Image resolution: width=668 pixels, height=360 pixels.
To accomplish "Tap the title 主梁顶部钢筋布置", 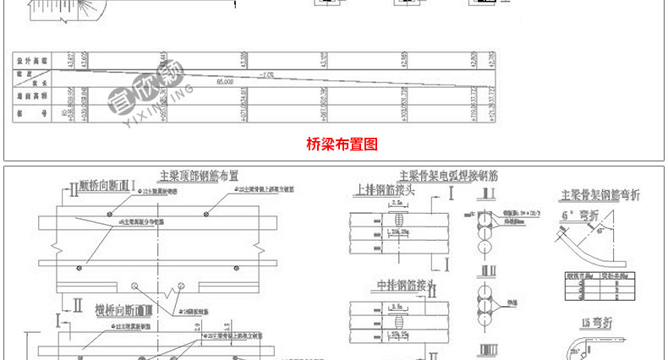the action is (199, 176).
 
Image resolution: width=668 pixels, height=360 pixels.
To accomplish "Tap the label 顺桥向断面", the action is (107, 183).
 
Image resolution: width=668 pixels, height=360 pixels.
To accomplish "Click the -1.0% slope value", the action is (267, 74).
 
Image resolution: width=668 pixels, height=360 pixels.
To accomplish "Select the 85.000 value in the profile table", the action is (225, 83).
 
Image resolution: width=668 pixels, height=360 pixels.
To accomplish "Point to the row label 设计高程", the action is (30, 62).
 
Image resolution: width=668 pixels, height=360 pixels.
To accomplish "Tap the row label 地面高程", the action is (30, 97).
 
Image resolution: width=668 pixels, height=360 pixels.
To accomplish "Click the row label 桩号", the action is (30, 113).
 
